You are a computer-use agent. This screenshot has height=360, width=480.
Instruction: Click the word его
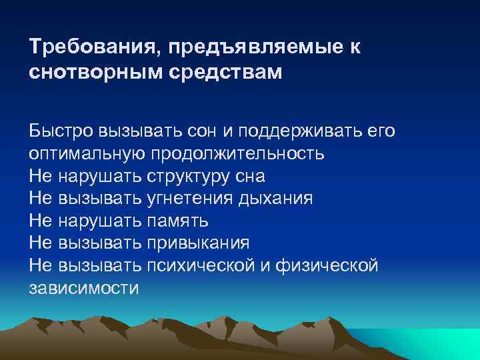(x=380, y=131)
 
